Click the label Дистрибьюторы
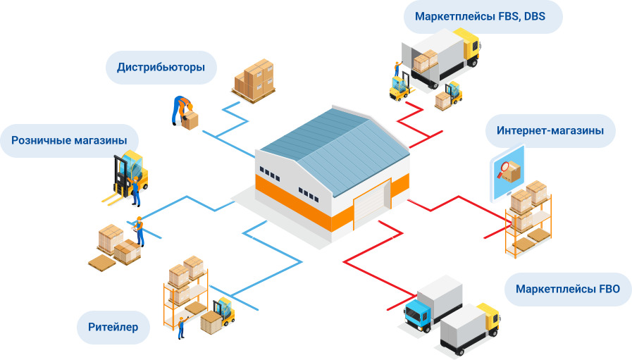(x=161, y=68)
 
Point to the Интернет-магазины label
(x=550, y=130)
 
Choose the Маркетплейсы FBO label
(x=567, y=290)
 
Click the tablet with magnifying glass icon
(x=507, y=170)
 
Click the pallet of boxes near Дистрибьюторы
(x=254, y=79)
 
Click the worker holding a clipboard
(x=140, y=230)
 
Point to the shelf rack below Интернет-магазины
(x=528, y=218)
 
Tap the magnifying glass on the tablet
(x=504, y=167)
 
